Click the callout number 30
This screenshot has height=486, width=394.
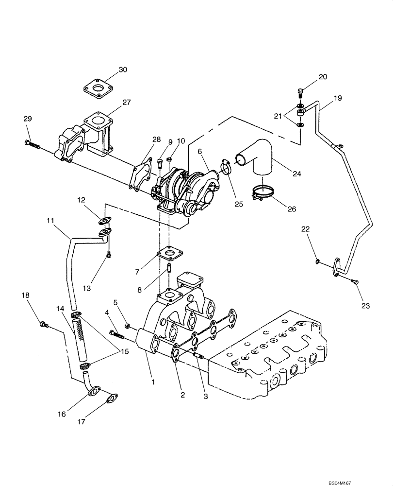(x=123, y=69)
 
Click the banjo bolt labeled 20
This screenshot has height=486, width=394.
(x=299, y=92)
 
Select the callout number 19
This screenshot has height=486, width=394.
(x=338, y=98)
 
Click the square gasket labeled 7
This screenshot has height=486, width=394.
(x=169, y=254)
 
